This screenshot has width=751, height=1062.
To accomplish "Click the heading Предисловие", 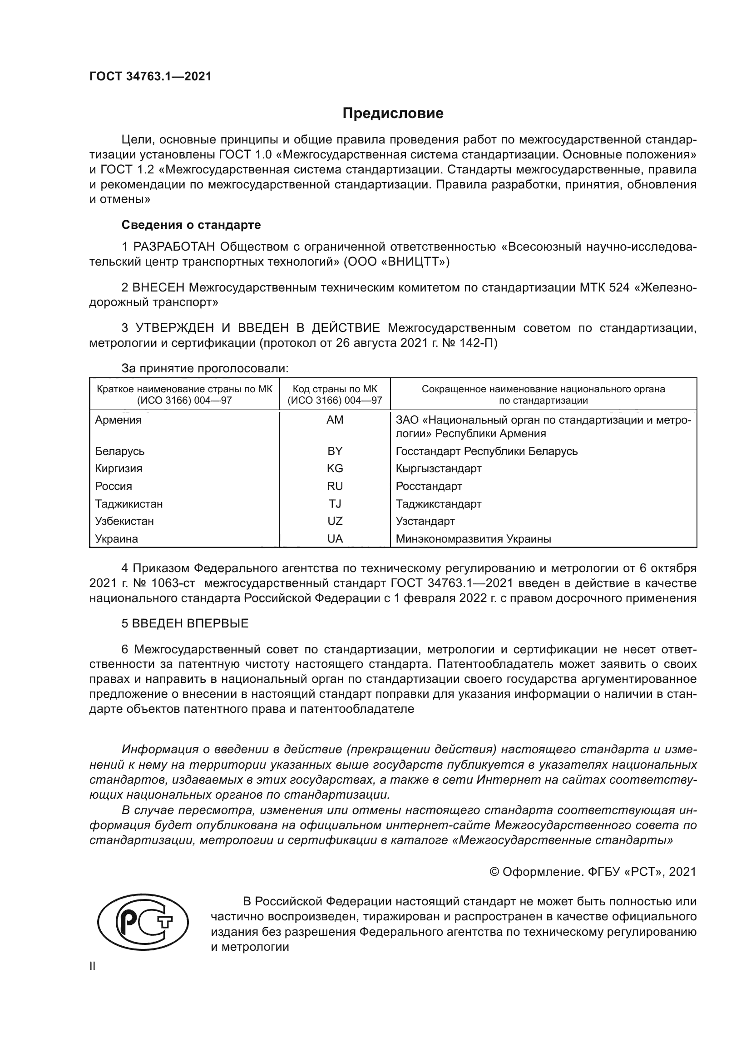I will point(393,114).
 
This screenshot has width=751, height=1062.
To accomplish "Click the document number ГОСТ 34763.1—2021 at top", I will point(150,76).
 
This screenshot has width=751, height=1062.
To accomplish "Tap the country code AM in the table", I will point(335,420).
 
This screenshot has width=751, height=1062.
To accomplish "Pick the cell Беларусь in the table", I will point(120,451).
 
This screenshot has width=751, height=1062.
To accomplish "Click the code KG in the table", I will point(335,469).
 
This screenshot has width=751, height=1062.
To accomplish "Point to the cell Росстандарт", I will point(429,486).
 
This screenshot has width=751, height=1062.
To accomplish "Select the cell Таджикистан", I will point(128,504).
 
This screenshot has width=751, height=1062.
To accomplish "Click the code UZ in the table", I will point(335,521).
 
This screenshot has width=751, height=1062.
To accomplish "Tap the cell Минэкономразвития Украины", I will point(473,539).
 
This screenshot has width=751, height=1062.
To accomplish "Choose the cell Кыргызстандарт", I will point(439,469).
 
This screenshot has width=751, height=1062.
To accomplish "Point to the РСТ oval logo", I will point(143,924).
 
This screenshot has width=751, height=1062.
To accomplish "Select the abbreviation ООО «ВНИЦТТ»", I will point(396,262).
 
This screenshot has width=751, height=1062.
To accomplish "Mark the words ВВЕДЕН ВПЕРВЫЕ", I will point(190,623).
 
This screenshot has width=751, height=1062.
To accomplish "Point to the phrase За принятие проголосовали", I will point(205,369).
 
